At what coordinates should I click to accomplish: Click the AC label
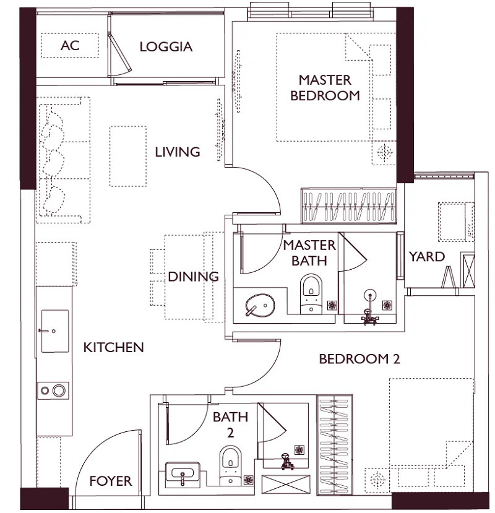point(70,45)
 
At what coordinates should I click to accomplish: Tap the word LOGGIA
point(166,47)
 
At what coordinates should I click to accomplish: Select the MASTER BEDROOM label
point(325,88)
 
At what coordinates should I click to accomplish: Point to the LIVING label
point(178,152)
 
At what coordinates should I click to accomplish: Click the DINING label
point(193,277)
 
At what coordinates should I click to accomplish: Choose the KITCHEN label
point(113,347)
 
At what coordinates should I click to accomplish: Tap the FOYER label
point(111,481)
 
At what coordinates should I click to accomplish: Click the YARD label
point(427,257)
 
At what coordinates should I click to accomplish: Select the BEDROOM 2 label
point(359,360)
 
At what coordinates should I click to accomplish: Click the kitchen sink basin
point(55,331)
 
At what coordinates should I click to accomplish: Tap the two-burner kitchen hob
point(53,390)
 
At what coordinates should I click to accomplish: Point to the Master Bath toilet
point(311,294)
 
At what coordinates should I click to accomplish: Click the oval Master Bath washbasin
point(260,305)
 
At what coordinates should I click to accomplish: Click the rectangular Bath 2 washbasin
point(183,472)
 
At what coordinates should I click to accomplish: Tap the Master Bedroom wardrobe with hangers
point(348,206)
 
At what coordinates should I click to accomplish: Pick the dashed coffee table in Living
point(128,157)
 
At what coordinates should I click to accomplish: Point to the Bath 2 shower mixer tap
point(285,461)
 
